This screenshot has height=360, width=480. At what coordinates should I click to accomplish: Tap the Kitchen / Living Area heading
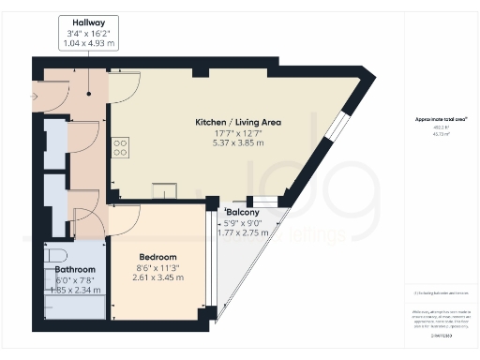tap(238, 123)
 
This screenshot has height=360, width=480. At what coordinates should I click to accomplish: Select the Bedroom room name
tap(157, 256)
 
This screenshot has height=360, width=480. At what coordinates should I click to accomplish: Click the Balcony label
tap(243, 213)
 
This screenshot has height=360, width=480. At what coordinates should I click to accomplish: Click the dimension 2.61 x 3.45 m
tap(157, 277)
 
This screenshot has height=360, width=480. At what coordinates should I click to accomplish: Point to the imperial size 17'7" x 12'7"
tap(238, 134)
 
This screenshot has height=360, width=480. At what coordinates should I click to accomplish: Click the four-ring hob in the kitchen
tap(121, 147)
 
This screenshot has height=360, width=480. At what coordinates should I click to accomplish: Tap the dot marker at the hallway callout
tap(90, 92)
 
